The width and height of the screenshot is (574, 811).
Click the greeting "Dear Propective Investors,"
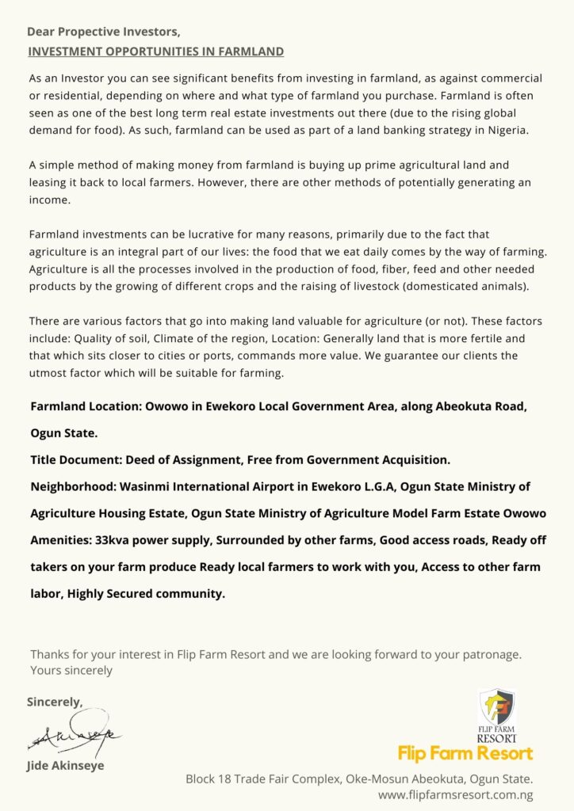pos(103,32)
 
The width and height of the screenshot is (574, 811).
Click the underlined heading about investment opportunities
pos(155,51)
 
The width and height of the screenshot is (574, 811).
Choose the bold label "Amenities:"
pos(60,540)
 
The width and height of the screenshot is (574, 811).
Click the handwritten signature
pos(75,737)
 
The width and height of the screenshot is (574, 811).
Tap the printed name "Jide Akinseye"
pos(66,766)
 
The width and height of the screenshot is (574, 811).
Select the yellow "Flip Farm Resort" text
pos(465,752)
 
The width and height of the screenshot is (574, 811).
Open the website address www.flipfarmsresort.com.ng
pos(455,794)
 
